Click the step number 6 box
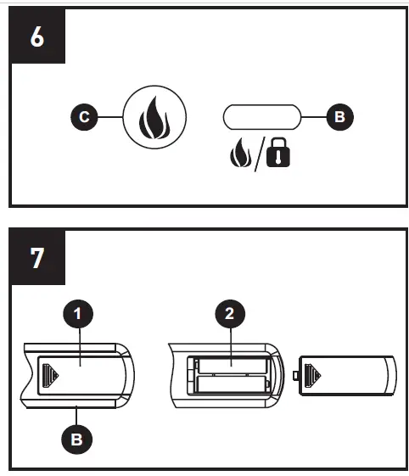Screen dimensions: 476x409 (37, 39)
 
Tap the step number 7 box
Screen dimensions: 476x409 (37, 257)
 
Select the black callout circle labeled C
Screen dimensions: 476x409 (83, 118)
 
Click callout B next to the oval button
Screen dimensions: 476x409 (339, 118)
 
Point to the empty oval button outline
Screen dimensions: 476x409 (262, 118)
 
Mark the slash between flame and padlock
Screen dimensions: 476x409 (257, 154)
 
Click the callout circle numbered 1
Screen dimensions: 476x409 (77, 316)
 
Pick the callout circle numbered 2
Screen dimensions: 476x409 (229, 316)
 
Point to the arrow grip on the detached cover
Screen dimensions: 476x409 (313, 373)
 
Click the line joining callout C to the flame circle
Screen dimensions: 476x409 (110, 118)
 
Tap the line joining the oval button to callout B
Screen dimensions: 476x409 (312, 118)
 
